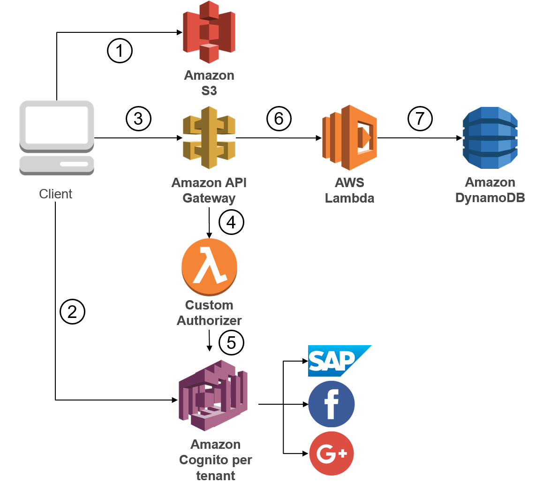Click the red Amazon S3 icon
(209, 32)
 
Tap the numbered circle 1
(120, 51)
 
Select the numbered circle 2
(72, 312)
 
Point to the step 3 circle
(138, 119)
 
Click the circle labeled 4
(231, 222)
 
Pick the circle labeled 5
(231, 343)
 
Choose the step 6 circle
(279, 119)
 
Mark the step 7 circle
(420, 119)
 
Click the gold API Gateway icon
(209, 137)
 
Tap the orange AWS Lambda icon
(349, 137)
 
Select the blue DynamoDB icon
(490, 137)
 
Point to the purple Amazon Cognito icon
(212, 395)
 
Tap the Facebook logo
(332, 404)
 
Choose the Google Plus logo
(332, 453)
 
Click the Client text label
(56, 194)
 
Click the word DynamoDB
(490, 198)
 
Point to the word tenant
(216, 476)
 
